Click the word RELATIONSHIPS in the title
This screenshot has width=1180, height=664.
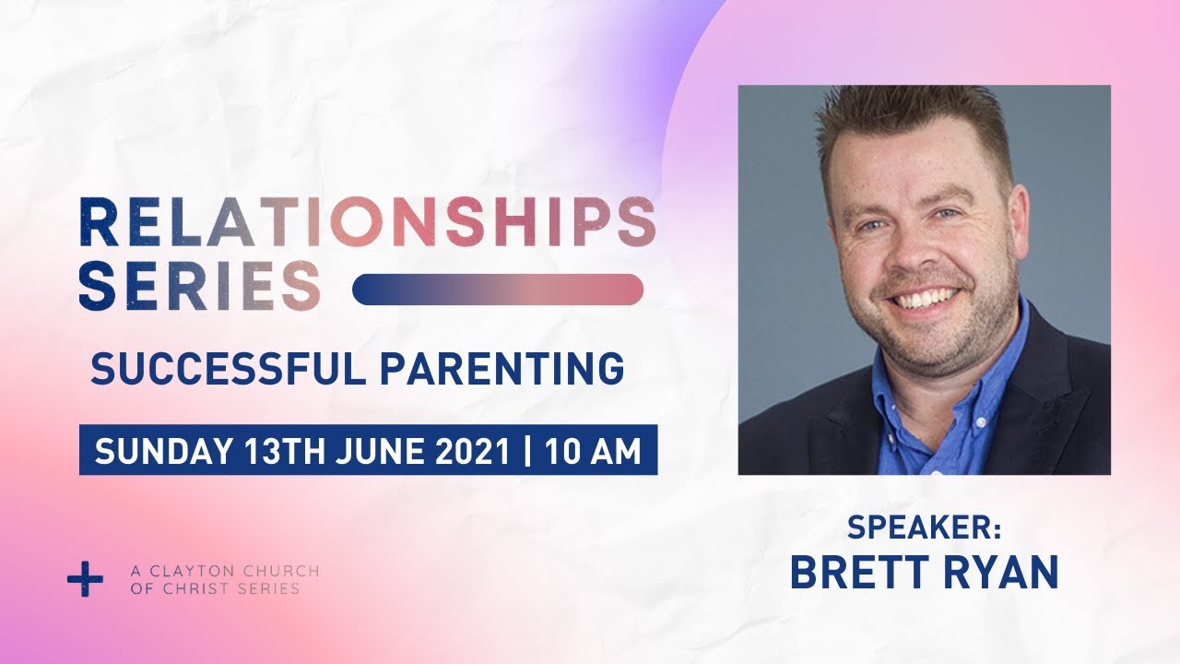(x=368, y=222)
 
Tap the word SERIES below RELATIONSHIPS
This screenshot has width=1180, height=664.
(x=200, y=285)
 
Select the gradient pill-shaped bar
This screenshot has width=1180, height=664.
(x=498, y=290)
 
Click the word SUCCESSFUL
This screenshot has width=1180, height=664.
(x=228, y=370)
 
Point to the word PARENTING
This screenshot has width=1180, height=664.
(x=502, y=370)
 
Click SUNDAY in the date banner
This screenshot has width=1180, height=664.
(x=164, y=451)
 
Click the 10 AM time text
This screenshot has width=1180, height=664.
(x=593, y=451)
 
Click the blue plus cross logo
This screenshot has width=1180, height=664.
(x=86, y=578)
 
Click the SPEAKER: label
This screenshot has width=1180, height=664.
(x=924, y=528)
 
